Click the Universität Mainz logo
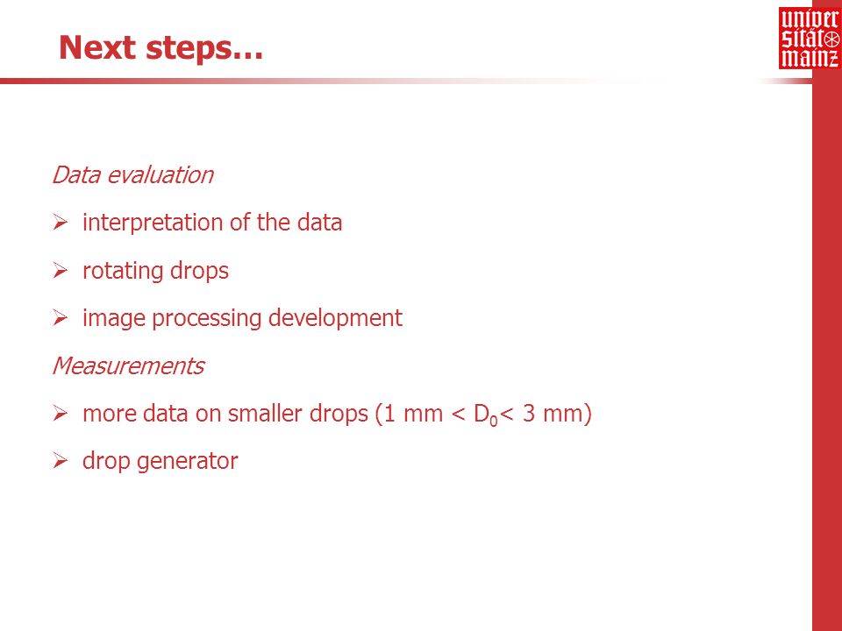tap(810, 38)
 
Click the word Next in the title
tap(97, 47)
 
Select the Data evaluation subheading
tap(133, 175)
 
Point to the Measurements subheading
tap(128, 366)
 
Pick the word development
tap(335, 318)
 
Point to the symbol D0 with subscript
tap(486, 415)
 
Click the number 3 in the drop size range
tap(528, 414)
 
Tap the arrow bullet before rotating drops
tap(61, 271)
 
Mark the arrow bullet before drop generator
tap(61, 461)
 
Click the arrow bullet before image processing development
tap(61, 318)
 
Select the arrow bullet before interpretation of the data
tap(61, 223)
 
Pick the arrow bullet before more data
tap(61, 414)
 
